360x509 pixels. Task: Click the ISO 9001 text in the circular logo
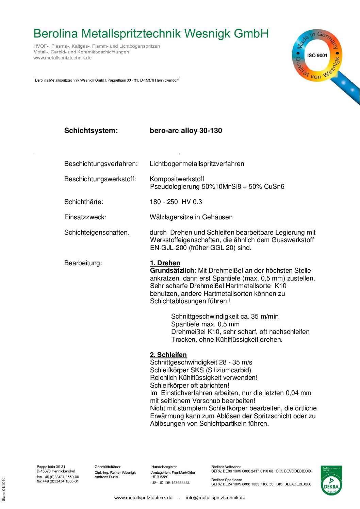click(x=317, y=55)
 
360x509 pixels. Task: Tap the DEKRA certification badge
click(x=331, y=480)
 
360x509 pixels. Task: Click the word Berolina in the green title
click(x=55, y=34)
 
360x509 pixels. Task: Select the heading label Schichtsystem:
click(x=91, y=131)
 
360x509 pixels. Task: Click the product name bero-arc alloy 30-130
click(x=186, y=131)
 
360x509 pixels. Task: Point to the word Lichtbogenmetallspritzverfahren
click(x=197, y=164)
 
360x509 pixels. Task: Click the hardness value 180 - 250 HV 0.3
click(x=176, y=202)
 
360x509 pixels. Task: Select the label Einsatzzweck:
click(x=85, y=217)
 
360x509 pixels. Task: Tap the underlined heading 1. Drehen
click(x=165, y=263)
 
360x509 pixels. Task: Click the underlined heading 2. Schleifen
click(x=168, y=355)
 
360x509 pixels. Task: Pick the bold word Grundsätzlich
click(x=172, y=271)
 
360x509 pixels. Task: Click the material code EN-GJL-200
click(x=168, y=248)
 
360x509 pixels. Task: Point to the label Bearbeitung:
click(x=83, y=263)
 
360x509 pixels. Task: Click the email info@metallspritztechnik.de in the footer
click(x=215, y=497)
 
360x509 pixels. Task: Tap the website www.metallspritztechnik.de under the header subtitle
click(x=62, y=58)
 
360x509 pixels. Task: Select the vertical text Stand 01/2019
click(x=4, y=489)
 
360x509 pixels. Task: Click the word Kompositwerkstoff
click(x=177, y=179)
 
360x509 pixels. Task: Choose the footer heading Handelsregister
click(x=164, y=467)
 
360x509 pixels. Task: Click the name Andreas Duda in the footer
click(x=106, y=477)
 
